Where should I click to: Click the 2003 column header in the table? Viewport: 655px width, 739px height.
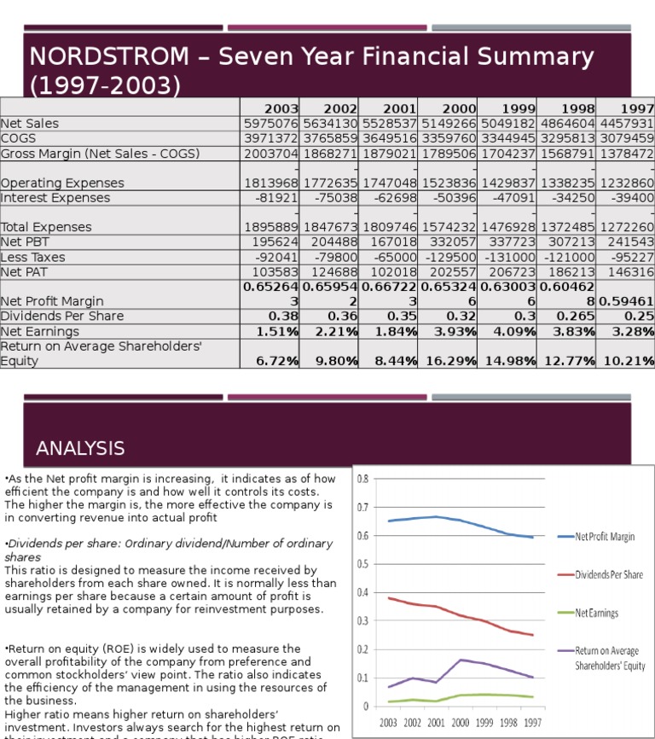[x=281, y=108]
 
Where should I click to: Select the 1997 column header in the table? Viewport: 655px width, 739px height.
[x=637, y=108]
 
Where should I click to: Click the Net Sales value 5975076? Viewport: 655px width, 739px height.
[x=270, y=124]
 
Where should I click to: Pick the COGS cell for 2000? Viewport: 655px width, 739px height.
[x=448, y=138]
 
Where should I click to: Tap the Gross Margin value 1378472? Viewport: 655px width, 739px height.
[x=626, y=154]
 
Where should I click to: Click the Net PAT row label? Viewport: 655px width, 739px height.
[x=25, y=271]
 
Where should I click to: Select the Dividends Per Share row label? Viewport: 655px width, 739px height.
[x=62, y=316]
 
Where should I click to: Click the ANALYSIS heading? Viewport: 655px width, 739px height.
[x=80, y=448]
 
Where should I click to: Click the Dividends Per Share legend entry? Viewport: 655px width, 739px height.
[x=609, y=574]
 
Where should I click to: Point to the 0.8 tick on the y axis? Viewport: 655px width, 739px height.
[x=363, y=479]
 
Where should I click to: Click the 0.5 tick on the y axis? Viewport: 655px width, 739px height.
[x=363, y=564]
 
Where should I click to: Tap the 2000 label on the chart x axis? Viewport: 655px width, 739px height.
[x=461, y=722]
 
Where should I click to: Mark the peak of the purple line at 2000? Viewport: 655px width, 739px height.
[x=461, y=660]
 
